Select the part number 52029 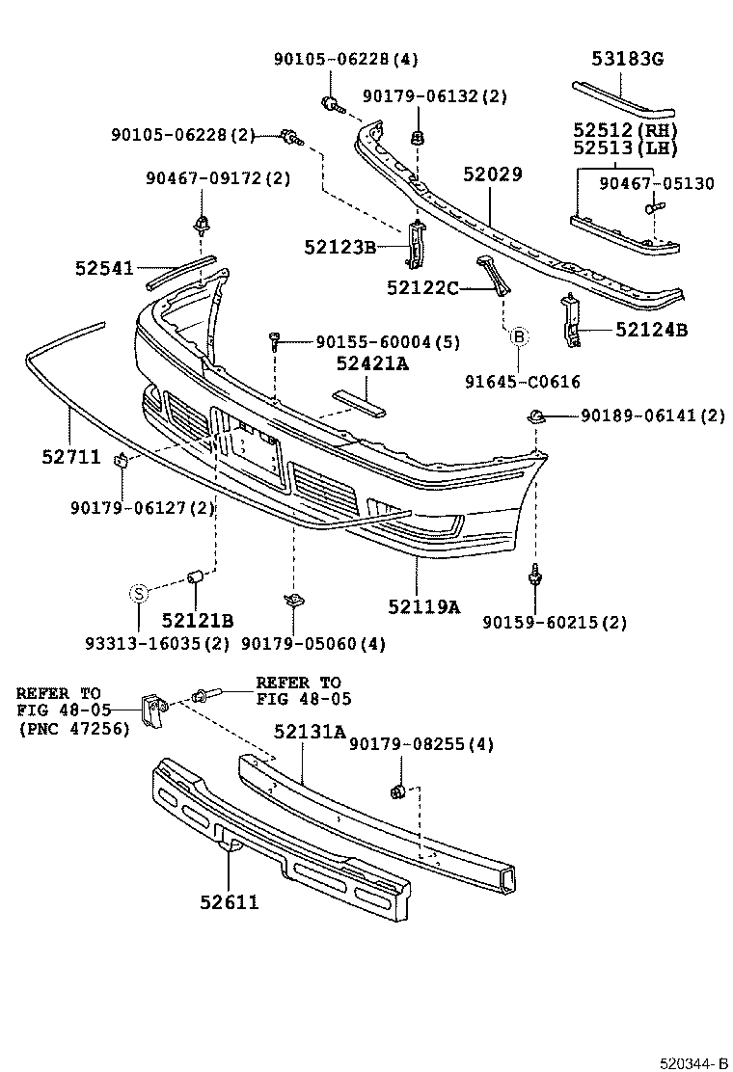[x=492, y=174]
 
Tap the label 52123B [x=339, y=248]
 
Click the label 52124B [x=652, y=331]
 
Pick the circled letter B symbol [x=518, y=336]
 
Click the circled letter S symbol [x=138, y=593]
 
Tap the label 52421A [x=372, y=363]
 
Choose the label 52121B [x=198, y=620]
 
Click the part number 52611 [x=230, y=902]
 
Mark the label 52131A [x=309, y=732]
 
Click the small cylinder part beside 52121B [x=194, y=577]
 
